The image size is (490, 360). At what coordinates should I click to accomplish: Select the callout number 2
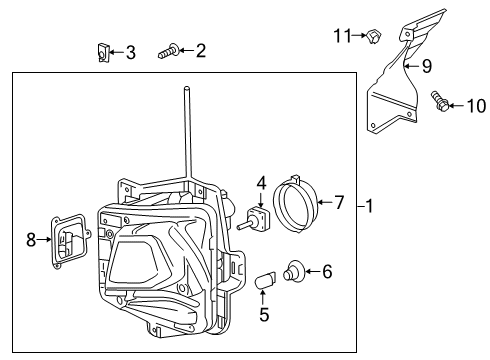200,50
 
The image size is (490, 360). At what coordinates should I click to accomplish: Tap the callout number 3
130,52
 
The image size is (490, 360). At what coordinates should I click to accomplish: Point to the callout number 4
261,184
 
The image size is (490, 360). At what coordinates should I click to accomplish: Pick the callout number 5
263,314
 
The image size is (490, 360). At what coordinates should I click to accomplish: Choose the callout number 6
328,270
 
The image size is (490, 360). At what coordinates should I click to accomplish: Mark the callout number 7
339,203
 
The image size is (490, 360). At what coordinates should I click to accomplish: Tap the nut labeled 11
372,38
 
